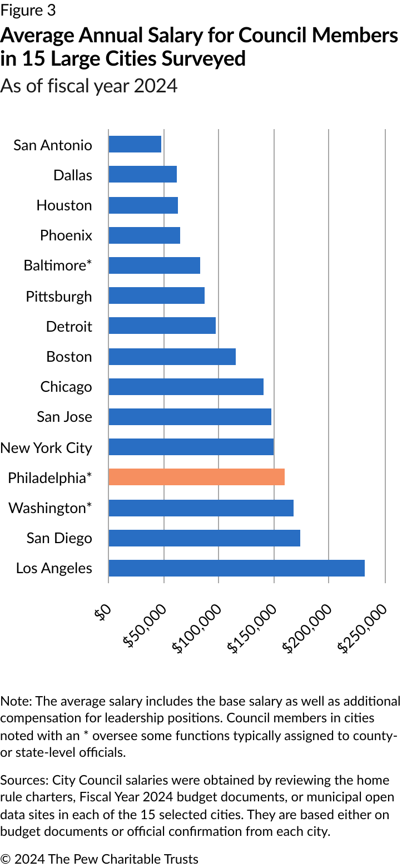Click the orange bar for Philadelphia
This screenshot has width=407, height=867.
196,477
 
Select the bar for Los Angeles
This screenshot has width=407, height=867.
236,568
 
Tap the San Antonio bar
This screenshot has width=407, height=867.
135,144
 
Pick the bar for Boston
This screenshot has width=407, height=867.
172,356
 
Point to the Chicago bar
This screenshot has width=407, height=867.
186,386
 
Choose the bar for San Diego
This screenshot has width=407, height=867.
204,538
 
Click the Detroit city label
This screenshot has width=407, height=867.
69,326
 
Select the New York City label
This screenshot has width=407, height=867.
46,447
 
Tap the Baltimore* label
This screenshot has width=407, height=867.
58,265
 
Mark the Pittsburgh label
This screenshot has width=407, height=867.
59,296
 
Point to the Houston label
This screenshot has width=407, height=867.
64,205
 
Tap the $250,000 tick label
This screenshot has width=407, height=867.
363,628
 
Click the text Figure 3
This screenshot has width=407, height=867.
28,10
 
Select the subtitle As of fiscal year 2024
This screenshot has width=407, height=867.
89,86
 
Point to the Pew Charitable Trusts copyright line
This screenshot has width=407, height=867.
99,859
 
